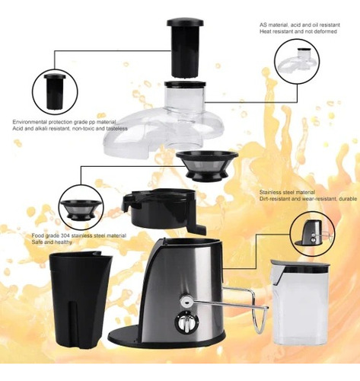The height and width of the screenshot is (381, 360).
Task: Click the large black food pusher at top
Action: (185, 48)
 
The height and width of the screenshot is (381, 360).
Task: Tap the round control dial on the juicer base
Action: (186, 323)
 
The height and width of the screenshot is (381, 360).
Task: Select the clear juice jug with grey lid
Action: (300, 303)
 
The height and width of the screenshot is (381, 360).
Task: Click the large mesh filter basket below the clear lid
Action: (207, 165)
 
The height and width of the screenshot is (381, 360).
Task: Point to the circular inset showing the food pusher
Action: (55, 91)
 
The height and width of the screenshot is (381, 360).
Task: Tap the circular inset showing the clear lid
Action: (297, 61)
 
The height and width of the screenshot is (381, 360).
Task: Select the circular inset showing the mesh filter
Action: (81, 207)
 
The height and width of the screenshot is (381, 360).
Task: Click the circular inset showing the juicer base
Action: (313, 234)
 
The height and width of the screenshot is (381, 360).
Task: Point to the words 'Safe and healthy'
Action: (52, 242)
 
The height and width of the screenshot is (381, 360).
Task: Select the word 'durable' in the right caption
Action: (348, 199)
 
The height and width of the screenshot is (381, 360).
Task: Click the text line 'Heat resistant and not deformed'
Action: (298, 31)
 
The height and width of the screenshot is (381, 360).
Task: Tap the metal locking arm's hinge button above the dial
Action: (186, 301)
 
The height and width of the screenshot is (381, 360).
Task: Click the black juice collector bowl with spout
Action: (163, 210)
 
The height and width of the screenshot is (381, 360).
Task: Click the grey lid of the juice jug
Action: (300, 265)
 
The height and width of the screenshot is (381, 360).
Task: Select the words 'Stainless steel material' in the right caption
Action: (287, 192)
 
